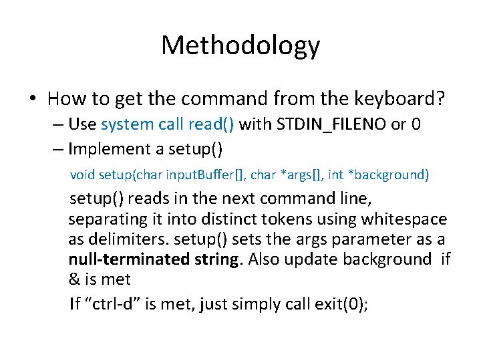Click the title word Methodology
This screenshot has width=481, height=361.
240,45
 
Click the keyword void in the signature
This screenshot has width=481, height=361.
83,175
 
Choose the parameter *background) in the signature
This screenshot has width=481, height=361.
389,175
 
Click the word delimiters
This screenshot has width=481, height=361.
127,240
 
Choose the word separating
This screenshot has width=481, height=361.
105,219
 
